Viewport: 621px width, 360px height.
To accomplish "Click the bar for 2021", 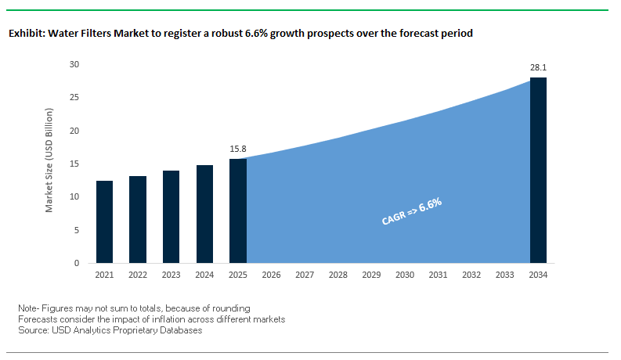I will (x=104, y=221).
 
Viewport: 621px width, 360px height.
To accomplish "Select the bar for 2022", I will (x=138, y=219).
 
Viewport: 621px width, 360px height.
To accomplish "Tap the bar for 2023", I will (x=171, y=217).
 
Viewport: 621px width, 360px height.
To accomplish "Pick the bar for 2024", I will (x=204, y=214).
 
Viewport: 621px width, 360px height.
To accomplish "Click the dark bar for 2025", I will (x=238, y=211).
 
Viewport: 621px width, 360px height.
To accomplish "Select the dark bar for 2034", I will (x=538, y=170).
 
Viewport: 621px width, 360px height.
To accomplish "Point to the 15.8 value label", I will (x=238, y=149).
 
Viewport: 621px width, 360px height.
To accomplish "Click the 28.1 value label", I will (x=538, y=67).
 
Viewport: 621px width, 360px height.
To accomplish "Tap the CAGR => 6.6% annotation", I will (x=412, y=212).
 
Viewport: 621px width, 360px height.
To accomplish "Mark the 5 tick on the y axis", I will (x=77, y=230).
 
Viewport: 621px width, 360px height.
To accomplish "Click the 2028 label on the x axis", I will (x=338, y=275).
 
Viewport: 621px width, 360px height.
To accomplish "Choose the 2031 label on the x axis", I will (x=438, y=275).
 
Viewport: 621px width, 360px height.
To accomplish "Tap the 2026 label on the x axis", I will (x=271, y=275).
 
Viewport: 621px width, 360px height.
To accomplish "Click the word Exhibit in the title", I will (x=24, y=34).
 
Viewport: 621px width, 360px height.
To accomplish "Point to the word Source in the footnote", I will (x=34, y=330).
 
